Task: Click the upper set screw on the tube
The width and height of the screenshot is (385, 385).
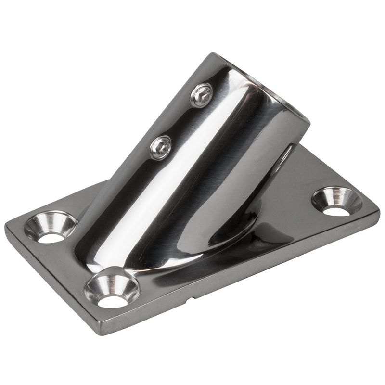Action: [x=201, y=95]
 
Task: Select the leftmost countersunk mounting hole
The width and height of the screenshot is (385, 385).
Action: [x=51, y=227]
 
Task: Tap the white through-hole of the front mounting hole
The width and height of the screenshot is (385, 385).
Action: [x=113, y=301]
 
